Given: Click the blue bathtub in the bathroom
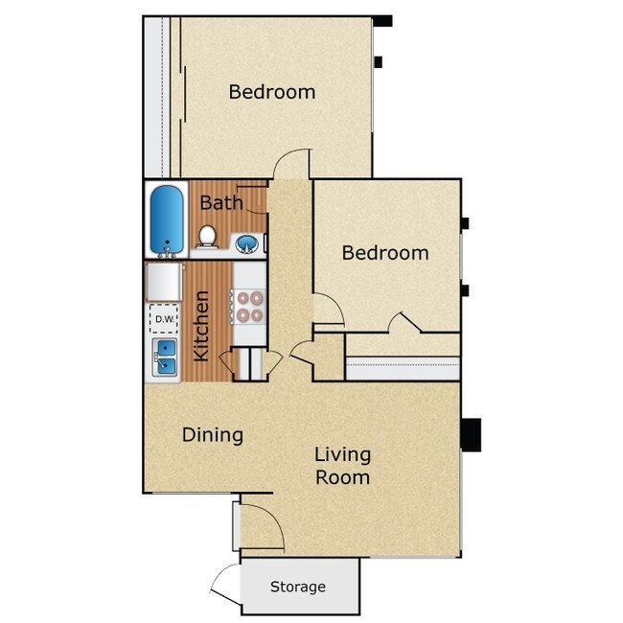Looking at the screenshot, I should click(x=168, y=219).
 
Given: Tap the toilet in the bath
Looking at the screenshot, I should click(x=206, y=237).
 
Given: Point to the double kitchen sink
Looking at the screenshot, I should click(x=164, y=358).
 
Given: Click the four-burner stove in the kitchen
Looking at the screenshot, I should click(x=249, y=306).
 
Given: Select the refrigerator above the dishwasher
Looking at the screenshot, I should click(x=164, y=282).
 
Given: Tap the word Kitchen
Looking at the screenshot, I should click(x=201, y=327).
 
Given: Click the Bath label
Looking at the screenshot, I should click(x=220, y=203).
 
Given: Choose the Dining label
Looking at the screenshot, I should click(x=213, y=435).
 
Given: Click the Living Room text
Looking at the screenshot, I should click(x=342, y=465).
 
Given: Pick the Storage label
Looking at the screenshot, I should click(x=297, y=587).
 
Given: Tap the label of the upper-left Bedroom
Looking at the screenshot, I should click(x=272, y=92).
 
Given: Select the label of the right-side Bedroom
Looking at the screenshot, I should click(x=385, y=253).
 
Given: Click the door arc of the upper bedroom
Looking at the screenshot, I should click(x=292, y=163).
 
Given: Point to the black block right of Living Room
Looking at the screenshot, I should click(x=472, y=435).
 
